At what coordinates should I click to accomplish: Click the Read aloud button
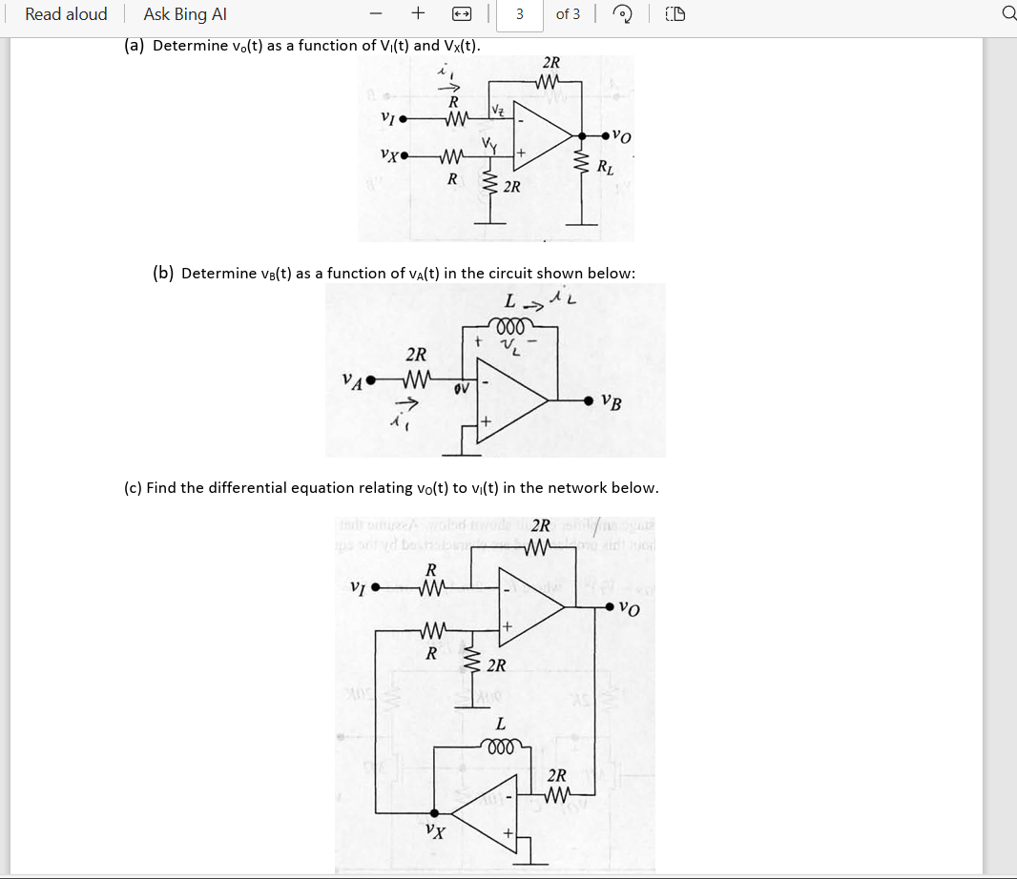[66, 14]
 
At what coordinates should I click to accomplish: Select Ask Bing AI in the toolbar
[184, 14]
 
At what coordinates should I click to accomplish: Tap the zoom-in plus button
[418, 14]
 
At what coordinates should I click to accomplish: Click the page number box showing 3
[519, 14]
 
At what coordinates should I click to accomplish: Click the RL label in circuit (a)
[605, 170]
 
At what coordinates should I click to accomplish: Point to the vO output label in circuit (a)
[621, 136]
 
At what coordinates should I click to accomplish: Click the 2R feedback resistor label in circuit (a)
[550, 63]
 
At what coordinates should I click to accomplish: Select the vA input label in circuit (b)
[352, 380]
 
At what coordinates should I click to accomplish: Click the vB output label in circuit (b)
[612, 402]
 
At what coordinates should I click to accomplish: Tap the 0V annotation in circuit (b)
[462, 389]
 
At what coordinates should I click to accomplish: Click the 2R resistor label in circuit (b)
[416, 355]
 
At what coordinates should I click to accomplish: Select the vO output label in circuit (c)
[629, 607]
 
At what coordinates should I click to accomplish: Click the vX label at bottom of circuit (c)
[435, 830]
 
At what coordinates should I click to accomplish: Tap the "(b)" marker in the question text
[163, 274]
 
